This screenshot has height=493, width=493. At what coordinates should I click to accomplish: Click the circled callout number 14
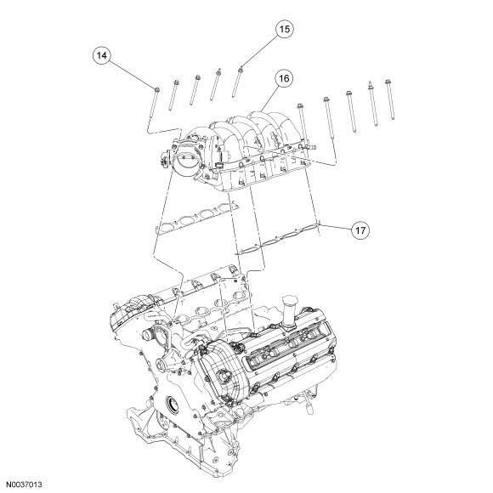[x=101, y=55]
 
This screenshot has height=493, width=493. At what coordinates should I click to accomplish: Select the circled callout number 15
[x=284, y=29]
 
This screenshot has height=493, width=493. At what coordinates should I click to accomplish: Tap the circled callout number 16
[x=284, y=78]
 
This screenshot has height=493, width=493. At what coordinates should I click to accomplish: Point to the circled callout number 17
[x=360, y=230]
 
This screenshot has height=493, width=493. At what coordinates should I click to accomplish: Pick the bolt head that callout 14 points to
[x=157, y=89]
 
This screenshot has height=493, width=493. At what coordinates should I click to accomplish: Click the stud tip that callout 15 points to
[x=241, y=69]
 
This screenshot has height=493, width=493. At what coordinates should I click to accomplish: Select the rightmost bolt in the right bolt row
[x=390, y=99]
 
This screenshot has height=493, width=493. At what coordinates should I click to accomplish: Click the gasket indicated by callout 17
[x=278, y=237]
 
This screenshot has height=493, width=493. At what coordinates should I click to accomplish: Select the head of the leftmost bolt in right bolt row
[x=299, y=105]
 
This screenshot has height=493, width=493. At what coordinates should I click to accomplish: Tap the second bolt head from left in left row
[x=176, y=82]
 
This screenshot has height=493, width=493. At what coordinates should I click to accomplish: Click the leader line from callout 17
[x=336, y=228]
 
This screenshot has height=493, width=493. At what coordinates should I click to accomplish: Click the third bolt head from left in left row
[x=198, y=77]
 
